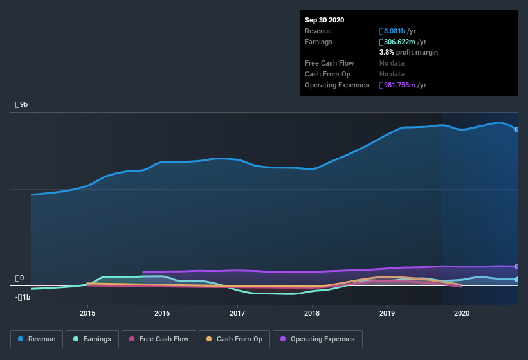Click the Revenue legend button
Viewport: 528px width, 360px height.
pos(37,339)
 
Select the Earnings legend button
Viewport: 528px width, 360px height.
pos(92,339)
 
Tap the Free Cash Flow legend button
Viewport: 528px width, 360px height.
pos(158,339)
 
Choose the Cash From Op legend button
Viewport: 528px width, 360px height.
pos(234,339)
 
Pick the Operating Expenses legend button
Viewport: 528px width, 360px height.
pos(318,339)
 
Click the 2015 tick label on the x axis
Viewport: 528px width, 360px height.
pos(87,313)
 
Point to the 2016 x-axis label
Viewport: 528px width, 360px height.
pos(162,313)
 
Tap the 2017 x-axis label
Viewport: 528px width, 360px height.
pos(237,313)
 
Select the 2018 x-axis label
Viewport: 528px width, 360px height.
pos(312,313)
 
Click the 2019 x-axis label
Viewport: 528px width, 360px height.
pos(387,313)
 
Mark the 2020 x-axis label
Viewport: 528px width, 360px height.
pos(462,313)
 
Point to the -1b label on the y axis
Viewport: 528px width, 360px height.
pos(23,297)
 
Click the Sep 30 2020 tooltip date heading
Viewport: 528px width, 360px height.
pos(324,20)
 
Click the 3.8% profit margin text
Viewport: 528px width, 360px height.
pos(408,52)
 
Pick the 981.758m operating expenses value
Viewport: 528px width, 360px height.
pos(403,85)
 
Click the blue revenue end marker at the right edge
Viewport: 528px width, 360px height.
pos(517,129)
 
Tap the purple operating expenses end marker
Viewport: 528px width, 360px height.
pos(517,266)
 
